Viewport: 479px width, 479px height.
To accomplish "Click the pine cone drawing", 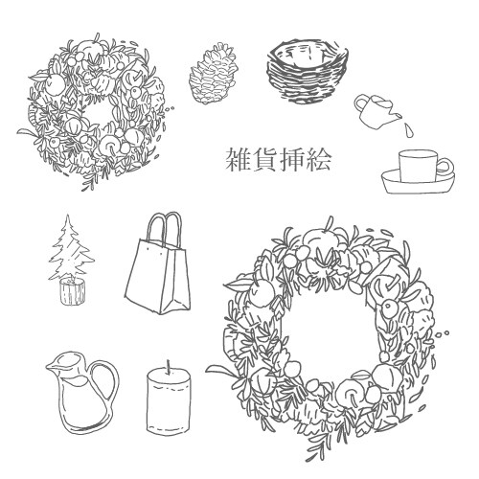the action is (x=213, y=74).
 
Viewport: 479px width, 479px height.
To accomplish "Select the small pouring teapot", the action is (x=376, y=111).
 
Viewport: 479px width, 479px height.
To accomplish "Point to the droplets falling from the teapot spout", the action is (x=408, y=129).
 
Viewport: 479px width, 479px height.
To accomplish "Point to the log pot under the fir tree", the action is (x=73, y=291).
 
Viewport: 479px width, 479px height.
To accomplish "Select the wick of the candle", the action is (x=169, y=367).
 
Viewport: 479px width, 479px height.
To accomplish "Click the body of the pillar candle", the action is (x=169, y=401).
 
